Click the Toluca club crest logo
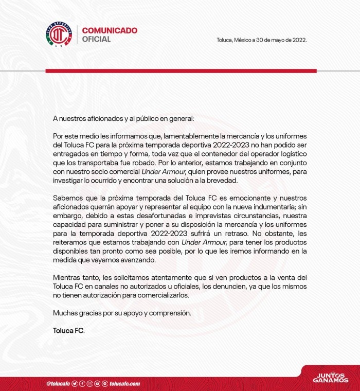click(58, 35)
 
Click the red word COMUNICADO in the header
click(110, 30)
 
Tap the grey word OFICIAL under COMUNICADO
click(96, 40)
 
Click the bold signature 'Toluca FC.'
click(68, 330)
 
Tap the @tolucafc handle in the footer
click(58, 384)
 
